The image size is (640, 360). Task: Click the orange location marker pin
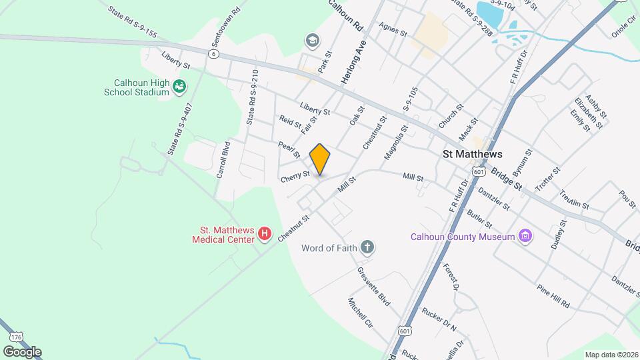click(x=320, y=159)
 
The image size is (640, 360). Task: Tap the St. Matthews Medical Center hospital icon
click(x=265, y=233)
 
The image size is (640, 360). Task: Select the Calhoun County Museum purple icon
click(x=527, y=236)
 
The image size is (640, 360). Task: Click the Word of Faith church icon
click(x=366, y=248)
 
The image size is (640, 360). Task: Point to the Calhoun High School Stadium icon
click(x=179, y=86)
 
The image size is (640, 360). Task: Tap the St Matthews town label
click(x=473, y=153)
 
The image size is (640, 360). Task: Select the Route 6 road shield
click(x=213, y=54)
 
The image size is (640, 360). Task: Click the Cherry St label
click(x=295, y=176)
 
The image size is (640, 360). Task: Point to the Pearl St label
click(x=287, y=146)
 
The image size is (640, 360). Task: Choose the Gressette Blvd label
click(x=373, y=287)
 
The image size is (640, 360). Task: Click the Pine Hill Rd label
click(x=553, y=295)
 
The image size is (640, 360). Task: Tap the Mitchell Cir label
click(x=359, y=313)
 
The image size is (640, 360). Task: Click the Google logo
click(x=21, y=351)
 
